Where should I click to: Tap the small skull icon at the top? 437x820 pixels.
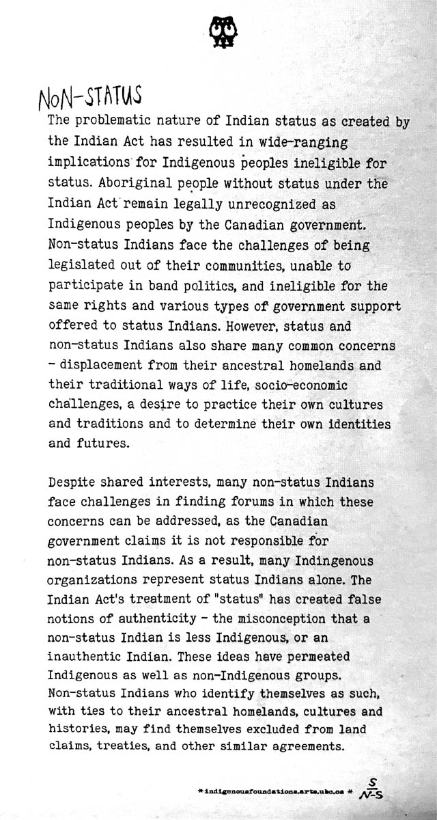(219, 31)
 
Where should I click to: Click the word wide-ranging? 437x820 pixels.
(308, 143)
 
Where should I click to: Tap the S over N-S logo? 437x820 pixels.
(373, 790)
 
